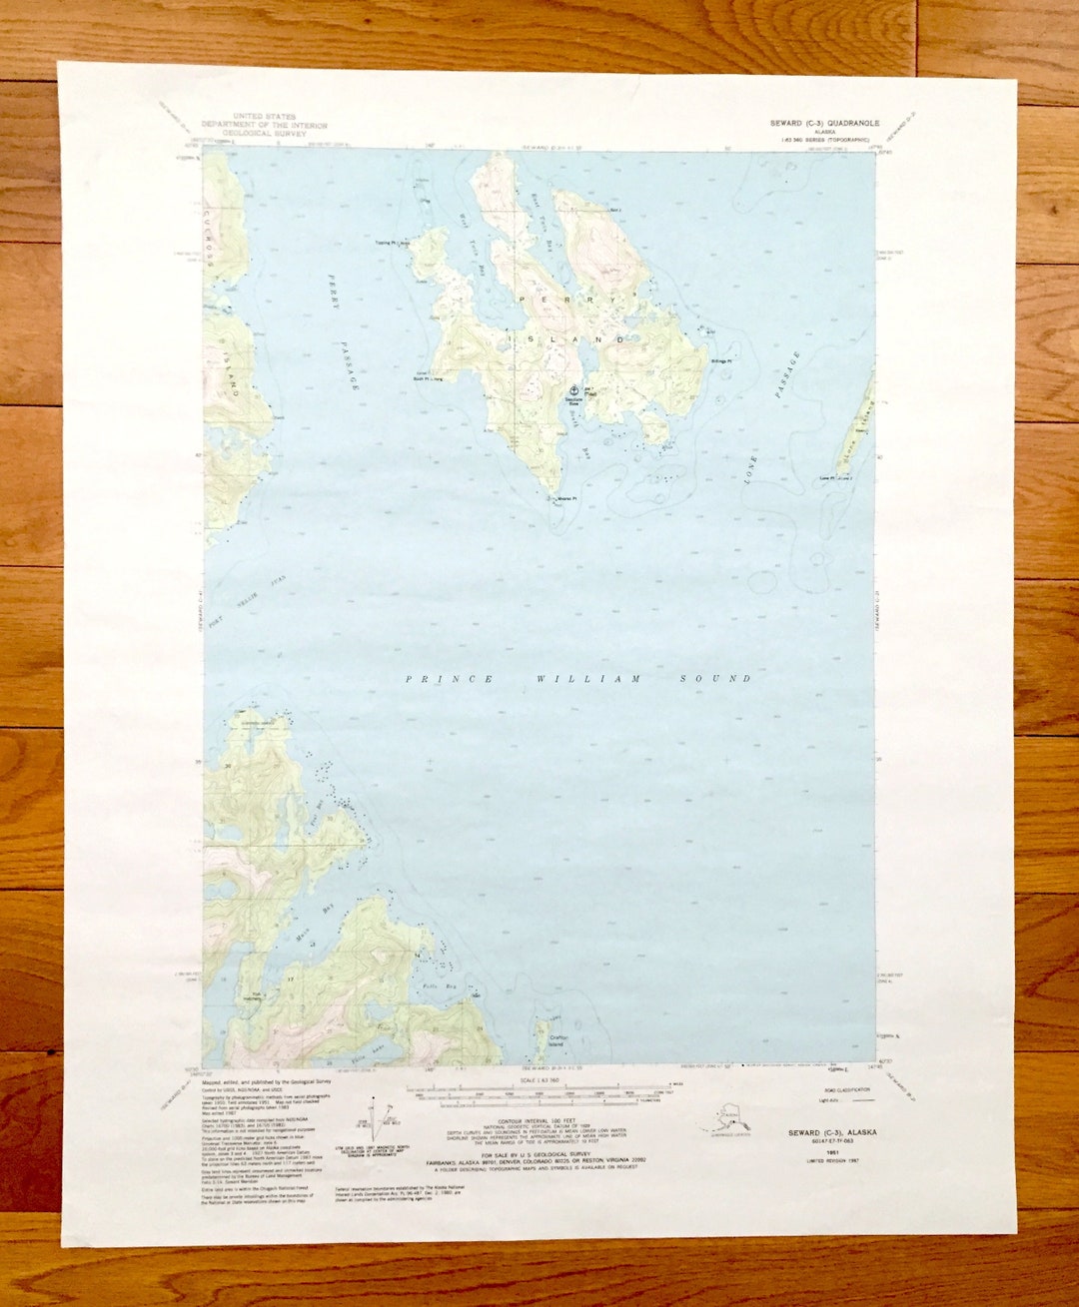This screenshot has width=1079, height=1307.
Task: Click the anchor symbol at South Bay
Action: tap(573, 391)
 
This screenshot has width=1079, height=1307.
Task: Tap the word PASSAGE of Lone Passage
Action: tap(787, 375)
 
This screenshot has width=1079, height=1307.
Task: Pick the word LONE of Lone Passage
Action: tap(750, 470)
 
